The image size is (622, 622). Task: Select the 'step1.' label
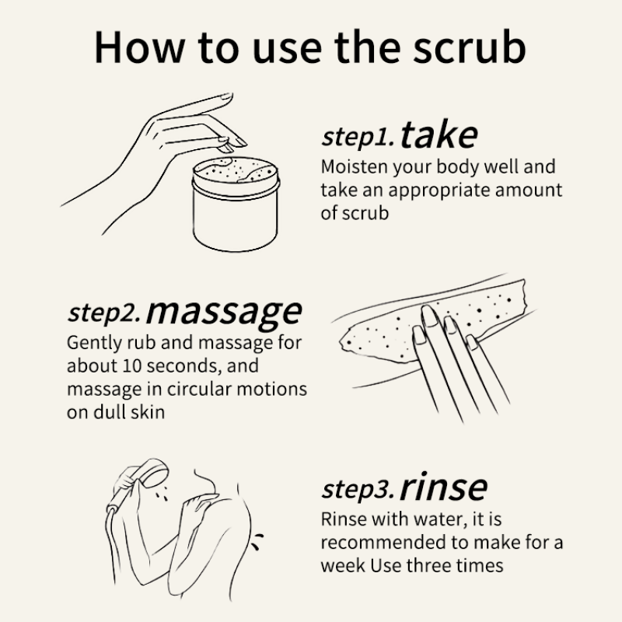tap(358, 137)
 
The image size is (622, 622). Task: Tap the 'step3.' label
tap(358, 490)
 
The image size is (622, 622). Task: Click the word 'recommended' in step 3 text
tap(374, 542)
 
